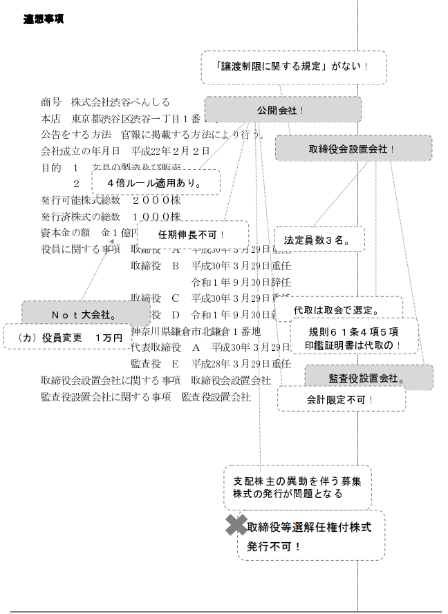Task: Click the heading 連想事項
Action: [44, 19]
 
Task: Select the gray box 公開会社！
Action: [283, 110]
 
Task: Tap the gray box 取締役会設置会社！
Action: [353, 148]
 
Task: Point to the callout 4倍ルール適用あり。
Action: [155, 183]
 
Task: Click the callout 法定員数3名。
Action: [319, 240]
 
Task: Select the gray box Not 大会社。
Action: [76, 314]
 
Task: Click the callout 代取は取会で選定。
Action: [338, 309]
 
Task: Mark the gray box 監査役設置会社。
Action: [368, 378]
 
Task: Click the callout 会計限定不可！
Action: [341, 399]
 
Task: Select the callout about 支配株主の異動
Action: [297, 487]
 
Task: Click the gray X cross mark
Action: [236, 526]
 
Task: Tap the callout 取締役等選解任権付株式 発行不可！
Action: [310, 536]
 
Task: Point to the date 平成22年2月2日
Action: [170, 150]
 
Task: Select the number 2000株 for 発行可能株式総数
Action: [156, 201]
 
